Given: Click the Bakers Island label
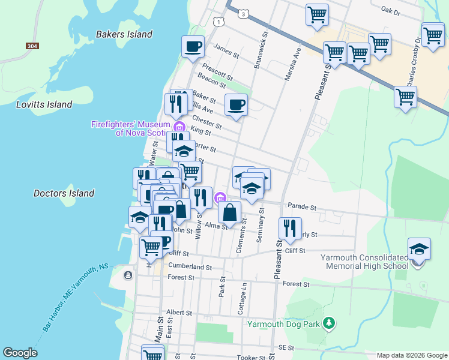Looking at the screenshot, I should point(124,34).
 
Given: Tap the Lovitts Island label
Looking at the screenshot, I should point(44,104).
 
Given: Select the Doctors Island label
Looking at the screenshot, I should point(64,193).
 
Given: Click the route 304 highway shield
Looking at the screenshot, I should point(32,46).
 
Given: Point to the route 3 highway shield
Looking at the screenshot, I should point(243,13).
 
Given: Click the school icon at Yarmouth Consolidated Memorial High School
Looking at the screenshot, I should point(419,249).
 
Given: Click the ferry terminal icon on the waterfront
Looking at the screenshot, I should point(128,275).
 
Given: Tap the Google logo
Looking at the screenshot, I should point(20,353).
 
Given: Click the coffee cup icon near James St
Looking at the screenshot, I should point(193,47).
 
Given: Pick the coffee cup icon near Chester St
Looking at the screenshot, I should point(236,106).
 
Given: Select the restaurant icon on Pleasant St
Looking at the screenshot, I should point(289,228).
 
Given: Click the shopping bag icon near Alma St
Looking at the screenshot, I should point(230,212).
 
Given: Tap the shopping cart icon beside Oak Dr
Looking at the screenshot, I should point(317,14).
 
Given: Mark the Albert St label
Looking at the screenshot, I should point(179,313).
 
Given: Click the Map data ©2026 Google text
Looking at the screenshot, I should point(411,355).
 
